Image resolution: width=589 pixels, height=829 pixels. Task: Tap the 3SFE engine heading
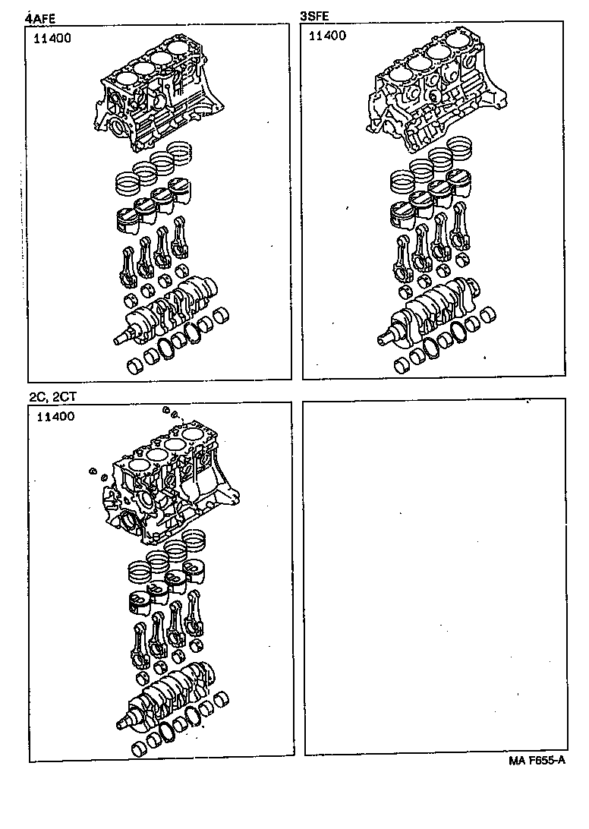(314, 15)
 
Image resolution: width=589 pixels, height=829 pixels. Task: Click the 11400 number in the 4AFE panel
(52, 39)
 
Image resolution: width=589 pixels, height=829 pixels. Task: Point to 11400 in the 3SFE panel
(326, 36)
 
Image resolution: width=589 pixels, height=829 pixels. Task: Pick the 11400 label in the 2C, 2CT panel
(54, 417)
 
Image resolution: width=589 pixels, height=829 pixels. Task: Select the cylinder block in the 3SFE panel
(433, 95)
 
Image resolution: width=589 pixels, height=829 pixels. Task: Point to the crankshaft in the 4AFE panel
(171, 311)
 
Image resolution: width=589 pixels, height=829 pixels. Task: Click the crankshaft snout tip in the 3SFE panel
(377, 339)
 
